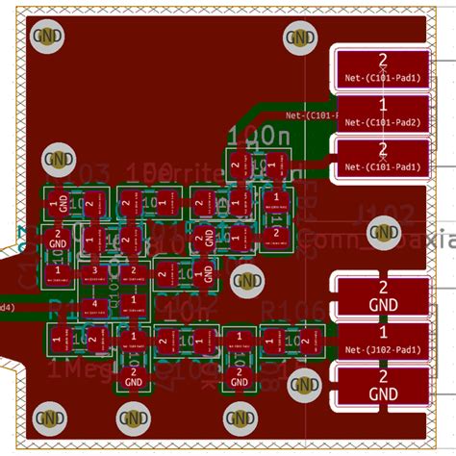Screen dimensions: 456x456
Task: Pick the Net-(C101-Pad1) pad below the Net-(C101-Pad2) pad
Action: (x=382, y=157)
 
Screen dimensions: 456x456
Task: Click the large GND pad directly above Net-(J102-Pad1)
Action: (x=382, y=294)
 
